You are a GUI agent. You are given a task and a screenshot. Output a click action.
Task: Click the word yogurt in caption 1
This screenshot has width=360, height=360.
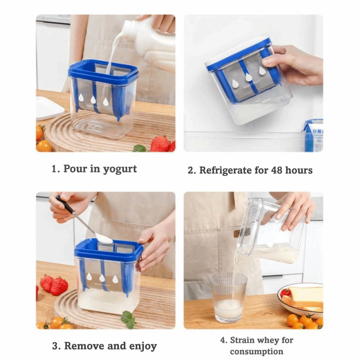(x=120, y=170)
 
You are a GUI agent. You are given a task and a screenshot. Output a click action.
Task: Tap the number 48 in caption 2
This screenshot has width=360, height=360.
(x=277, y=170)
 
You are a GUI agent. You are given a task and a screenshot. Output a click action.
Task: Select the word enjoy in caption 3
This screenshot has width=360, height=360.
(x=141, y=346)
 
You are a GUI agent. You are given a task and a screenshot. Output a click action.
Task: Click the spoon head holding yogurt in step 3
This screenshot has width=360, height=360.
(x=103, y=238)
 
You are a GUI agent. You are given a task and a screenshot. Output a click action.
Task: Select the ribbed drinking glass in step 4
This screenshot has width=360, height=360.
(x=229, y=297)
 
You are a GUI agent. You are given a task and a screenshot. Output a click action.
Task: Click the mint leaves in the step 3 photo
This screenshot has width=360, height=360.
(x=127, y=319)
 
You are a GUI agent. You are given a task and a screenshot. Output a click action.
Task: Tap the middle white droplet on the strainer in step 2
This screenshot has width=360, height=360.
(x=248, y=77)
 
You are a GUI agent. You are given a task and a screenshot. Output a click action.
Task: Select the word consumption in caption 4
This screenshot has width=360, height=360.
(x=257, y=351)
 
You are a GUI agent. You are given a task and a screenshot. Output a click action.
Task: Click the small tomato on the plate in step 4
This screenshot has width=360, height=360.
(x=285, y=292)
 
